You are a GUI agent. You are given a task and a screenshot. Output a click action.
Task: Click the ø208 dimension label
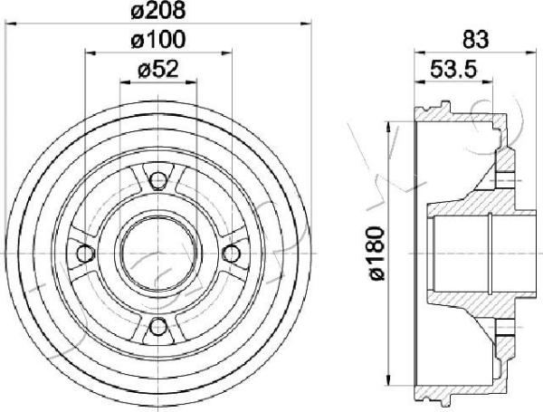click(159, 11)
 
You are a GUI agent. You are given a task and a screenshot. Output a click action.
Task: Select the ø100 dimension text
click(159, 41)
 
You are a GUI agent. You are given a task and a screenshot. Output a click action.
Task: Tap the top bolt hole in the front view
click(157, 179)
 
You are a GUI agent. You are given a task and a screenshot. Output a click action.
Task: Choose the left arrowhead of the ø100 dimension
click(89, 54)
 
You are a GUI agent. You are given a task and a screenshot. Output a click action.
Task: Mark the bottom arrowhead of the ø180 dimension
click(389, 380)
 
